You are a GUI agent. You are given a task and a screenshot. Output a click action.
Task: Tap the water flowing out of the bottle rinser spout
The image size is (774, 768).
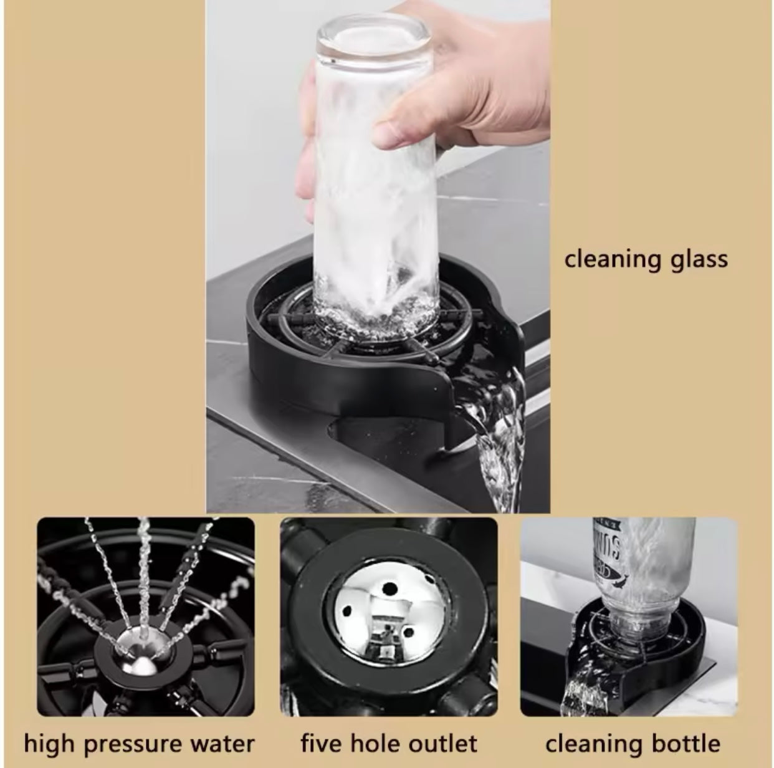click(579, 683)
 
